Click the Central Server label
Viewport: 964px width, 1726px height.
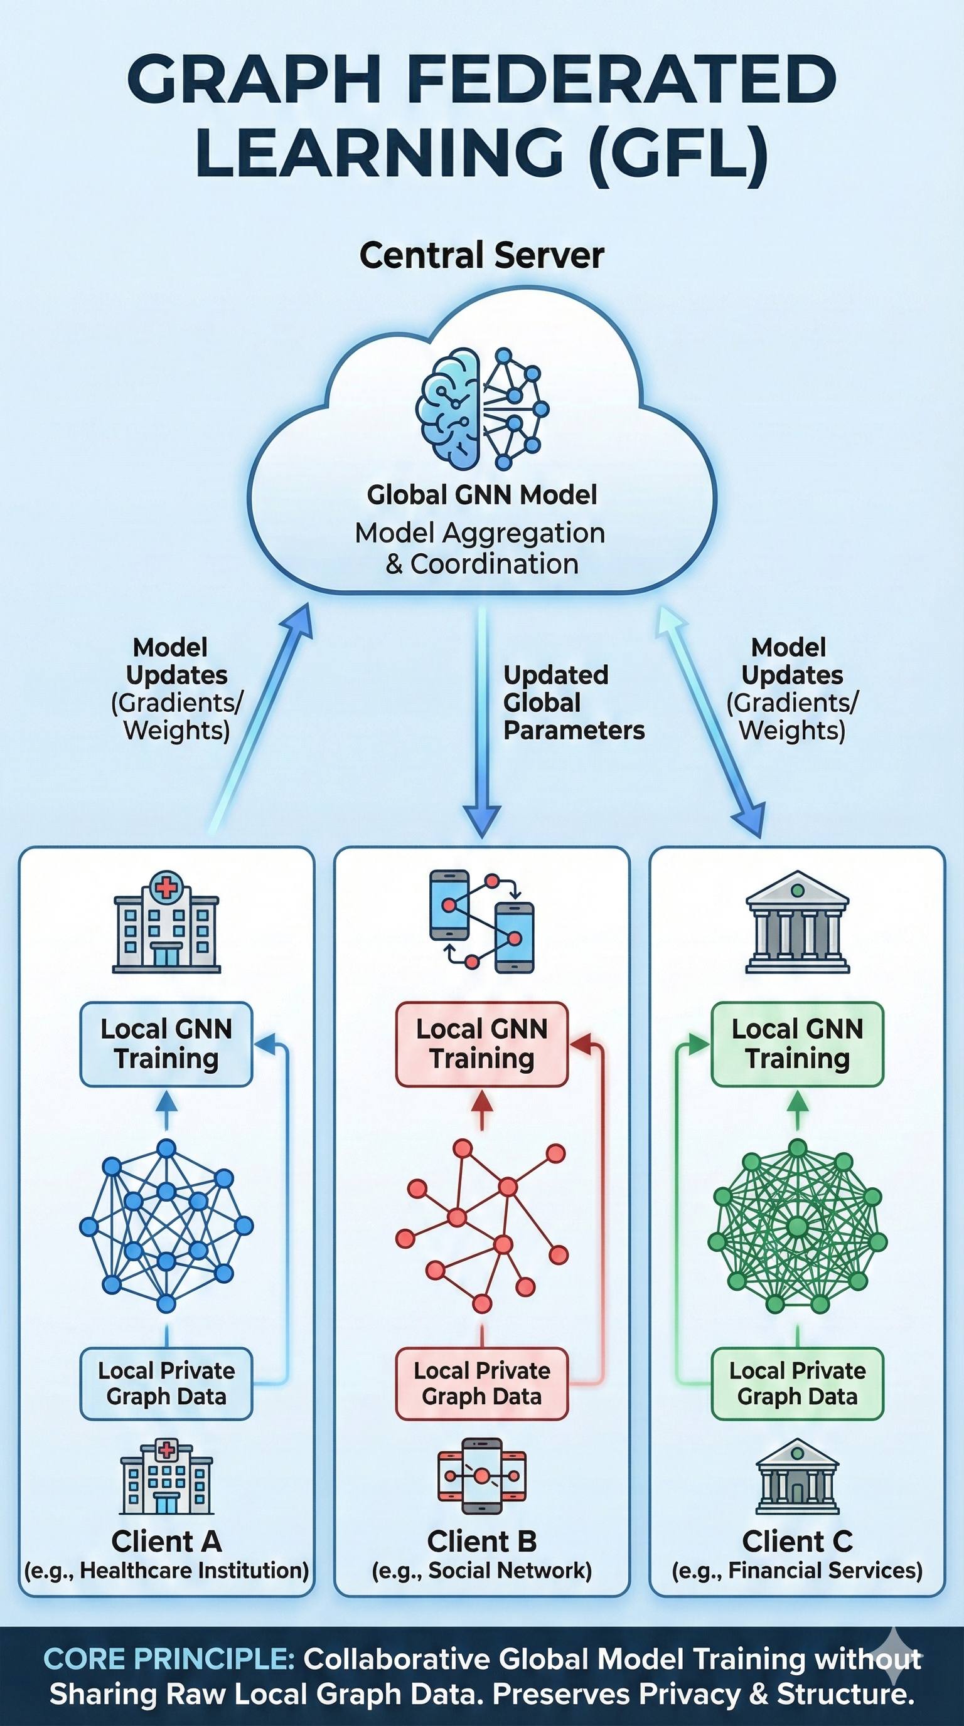(x=481, y=255)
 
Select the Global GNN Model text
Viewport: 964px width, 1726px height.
(x=481, y=495)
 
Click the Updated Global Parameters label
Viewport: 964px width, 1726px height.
(x=573, y=702)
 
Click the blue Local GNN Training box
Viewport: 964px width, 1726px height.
(x=166, y=1044)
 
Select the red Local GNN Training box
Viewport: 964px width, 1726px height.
(x=481, y=1044)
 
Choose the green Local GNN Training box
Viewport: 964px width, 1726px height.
(x=797, y=1044)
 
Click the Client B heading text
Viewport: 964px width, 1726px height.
(x=481, y=1542)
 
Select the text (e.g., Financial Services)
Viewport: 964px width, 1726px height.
(x=797, y=1571)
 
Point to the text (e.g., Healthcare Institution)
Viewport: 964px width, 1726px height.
(x=166, y=1571)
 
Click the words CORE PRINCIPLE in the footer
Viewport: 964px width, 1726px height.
(x=169, y=1659)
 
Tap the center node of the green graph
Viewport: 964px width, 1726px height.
(x=797, y=1227)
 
